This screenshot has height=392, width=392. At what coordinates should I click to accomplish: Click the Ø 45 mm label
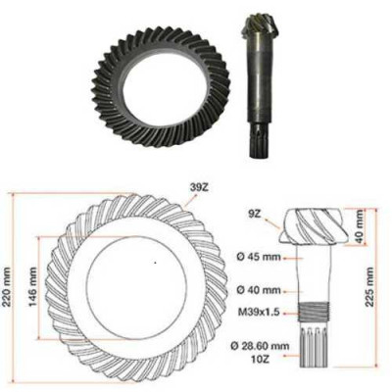tap(260, 258)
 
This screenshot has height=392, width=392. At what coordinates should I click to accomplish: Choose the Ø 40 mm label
tap(260, 291)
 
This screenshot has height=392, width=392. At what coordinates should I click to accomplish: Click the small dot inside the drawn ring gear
tap(154, 264)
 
